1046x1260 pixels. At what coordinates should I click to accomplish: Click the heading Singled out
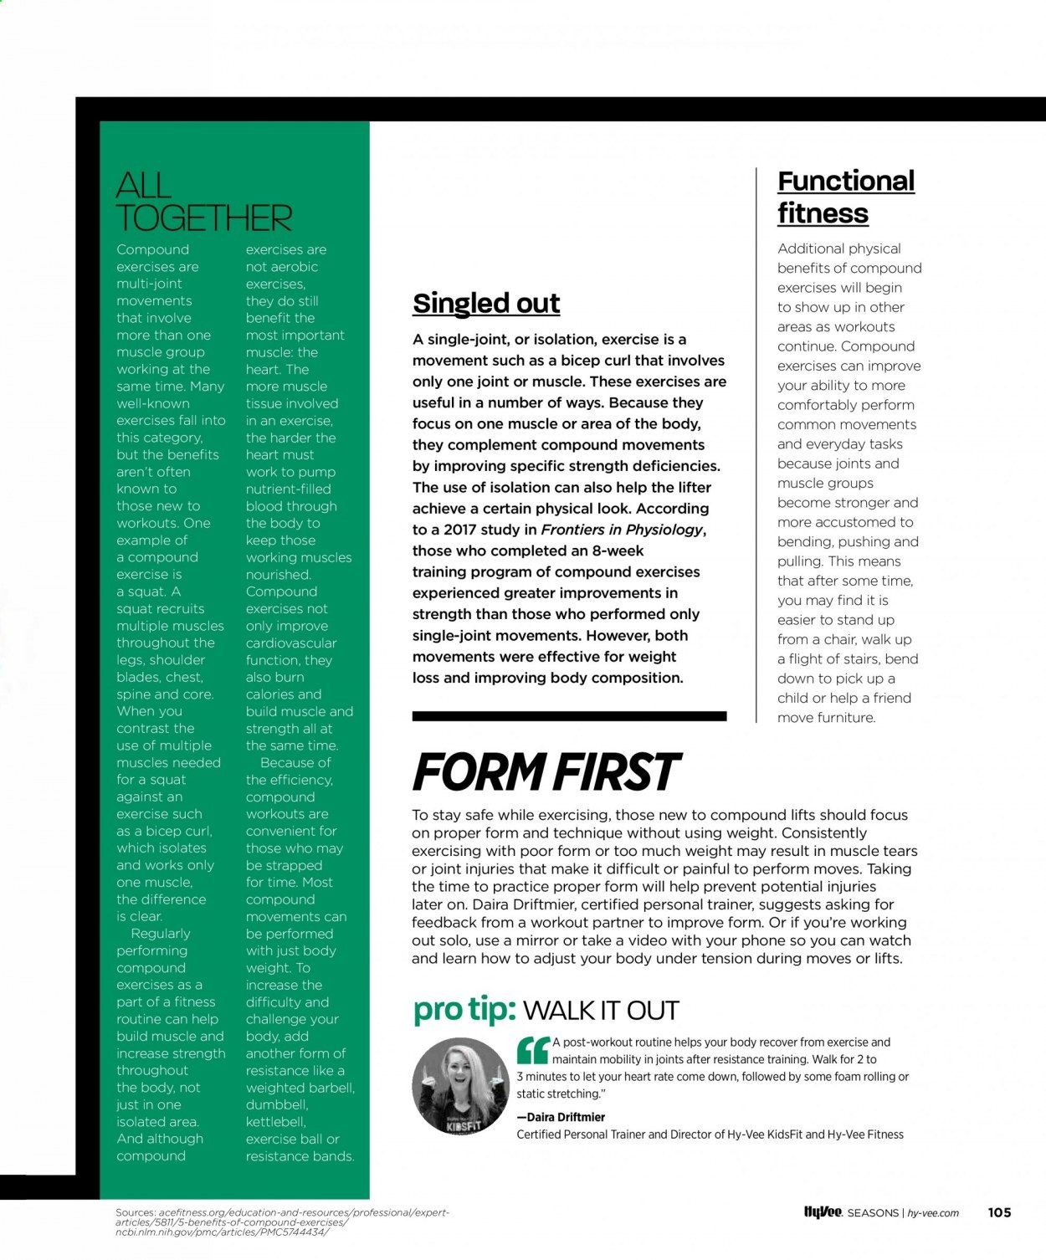[486, 303]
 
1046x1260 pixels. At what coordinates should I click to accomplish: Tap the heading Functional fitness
[845, 197]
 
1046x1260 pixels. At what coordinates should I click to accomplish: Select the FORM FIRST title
[546, 772]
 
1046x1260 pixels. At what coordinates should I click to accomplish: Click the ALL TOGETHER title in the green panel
[203, 202]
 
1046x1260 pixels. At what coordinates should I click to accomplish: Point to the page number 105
[999, 1212]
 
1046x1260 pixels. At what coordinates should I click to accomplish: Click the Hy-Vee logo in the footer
[823, 1212]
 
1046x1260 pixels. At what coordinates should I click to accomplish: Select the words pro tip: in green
[464, 1010]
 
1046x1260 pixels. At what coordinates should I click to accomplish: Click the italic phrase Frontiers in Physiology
[622, 530]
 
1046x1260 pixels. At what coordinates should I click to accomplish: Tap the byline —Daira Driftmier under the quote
[561, 1117]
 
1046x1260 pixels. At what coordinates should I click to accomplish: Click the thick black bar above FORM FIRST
[569, 716]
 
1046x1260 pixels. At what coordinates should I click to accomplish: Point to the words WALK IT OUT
[601, 1011]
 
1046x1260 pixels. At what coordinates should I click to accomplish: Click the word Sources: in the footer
[135, 1212]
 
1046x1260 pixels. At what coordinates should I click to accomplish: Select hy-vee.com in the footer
[933, 1213]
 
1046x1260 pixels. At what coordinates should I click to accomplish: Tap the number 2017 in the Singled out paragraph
[459, 530]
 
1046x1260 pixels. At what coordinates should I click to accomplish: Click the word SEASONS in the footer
[873, 1213]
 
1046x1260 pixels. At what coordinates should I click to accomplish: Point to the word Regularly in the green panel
[161, 934]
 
